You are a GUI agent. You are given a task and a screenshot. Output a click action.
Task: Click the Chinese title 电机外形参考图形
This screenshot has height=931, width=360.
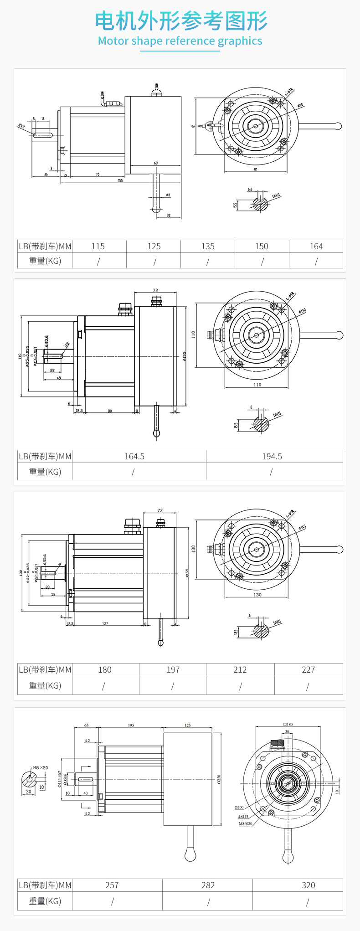(181, 21)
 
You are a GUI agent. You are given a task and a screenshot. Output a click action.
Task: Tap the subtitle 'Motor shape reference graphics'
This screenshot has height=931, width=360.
(180, 41)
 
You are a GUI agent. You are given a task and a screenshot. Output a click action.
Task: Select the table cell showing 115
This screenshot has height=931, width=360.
(98, 247)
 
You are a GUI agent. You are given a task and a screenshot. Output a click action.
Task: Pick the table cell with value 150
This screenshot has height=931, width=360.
(262, 247)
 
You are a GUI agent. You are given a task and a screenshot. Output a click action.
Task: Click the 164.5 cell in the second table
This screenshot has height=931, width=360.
(134, 457)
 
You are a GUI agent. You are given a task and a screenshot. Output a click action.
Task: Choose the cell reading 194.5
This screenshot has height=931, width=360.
(272, 457)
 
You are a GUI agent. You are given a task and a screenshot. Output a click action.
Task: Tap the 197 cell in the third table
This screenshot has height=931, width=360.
(173, 670)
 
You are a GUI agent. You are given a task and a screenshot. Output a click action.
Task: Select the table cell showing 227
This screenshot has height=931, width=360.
(309, 670)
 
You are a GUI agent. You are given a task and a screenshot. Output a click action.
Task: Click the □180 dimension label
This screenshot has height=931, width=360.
(288, 724)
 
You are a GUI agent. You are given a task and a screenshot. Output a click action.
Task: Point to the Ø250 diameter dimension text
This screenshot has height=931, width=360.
(219, 779)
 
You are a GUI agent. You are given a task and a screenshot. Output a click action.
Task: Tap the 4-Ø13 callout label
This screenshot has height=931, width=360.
(243, 817)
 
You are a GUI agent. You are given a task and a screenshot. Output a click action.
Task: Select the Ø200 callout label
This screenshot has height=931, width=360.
(239, 808)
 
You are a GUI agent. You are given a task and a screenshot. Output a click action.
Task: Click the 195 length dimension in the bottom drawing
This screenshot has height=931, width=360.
(131, 725)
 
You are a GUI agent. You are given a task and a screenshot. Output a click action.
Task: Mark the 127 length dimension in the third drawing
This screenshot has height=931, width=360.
(105, 623)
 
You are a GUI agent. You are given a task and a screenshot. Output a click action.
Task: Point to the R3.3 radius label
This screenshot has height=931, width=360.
(21, 126)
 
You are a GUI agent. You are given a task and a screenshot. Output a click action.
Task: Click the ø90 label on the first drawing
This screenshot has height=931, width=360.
(300, 106)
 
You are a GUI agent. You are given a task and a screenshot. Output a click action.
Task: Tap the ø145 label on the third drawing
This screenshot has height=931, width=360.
(303, 527)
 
